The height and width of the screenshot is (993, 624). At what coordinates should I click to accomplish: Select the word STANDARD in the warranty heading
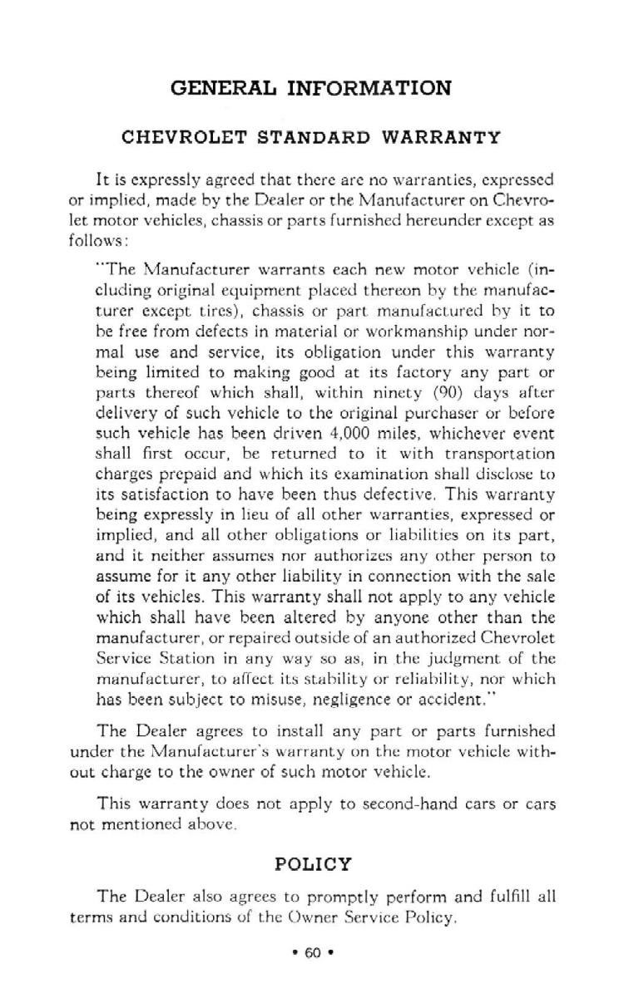(x=314, y=137)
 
